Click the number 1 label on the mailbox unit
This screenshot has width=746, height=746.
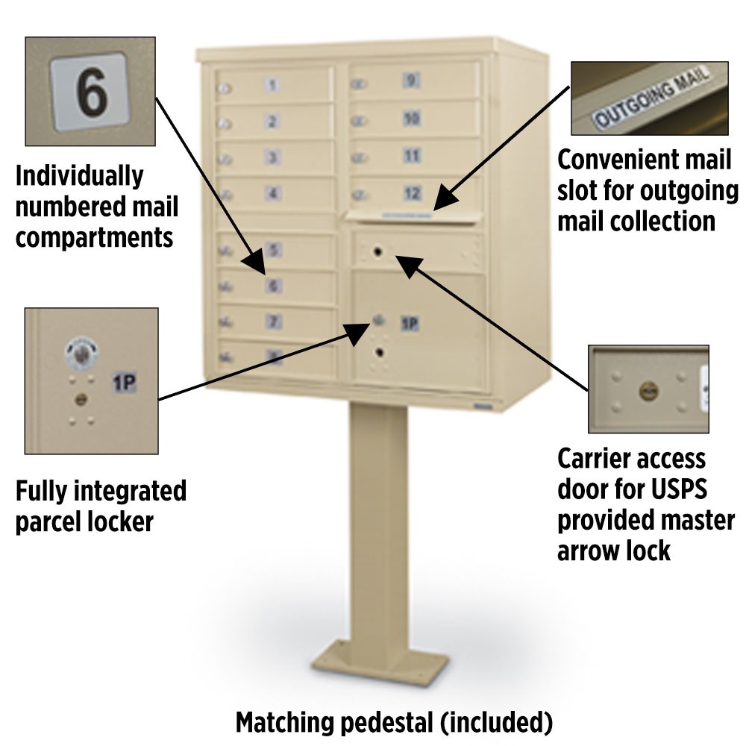[272, 85]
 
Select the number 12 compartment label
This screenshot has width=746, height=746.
[412, 193]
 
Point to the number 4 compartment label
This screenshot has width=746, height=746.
[275, 194]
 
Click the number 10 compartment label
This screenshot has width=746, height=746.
[411, 118]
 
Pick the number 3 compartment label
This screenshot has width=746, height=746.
[274, 157]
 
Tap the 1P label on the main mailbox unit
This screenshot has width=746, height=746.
[410, 324]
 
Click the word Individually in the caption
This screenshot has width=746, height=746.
[79, 177]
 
